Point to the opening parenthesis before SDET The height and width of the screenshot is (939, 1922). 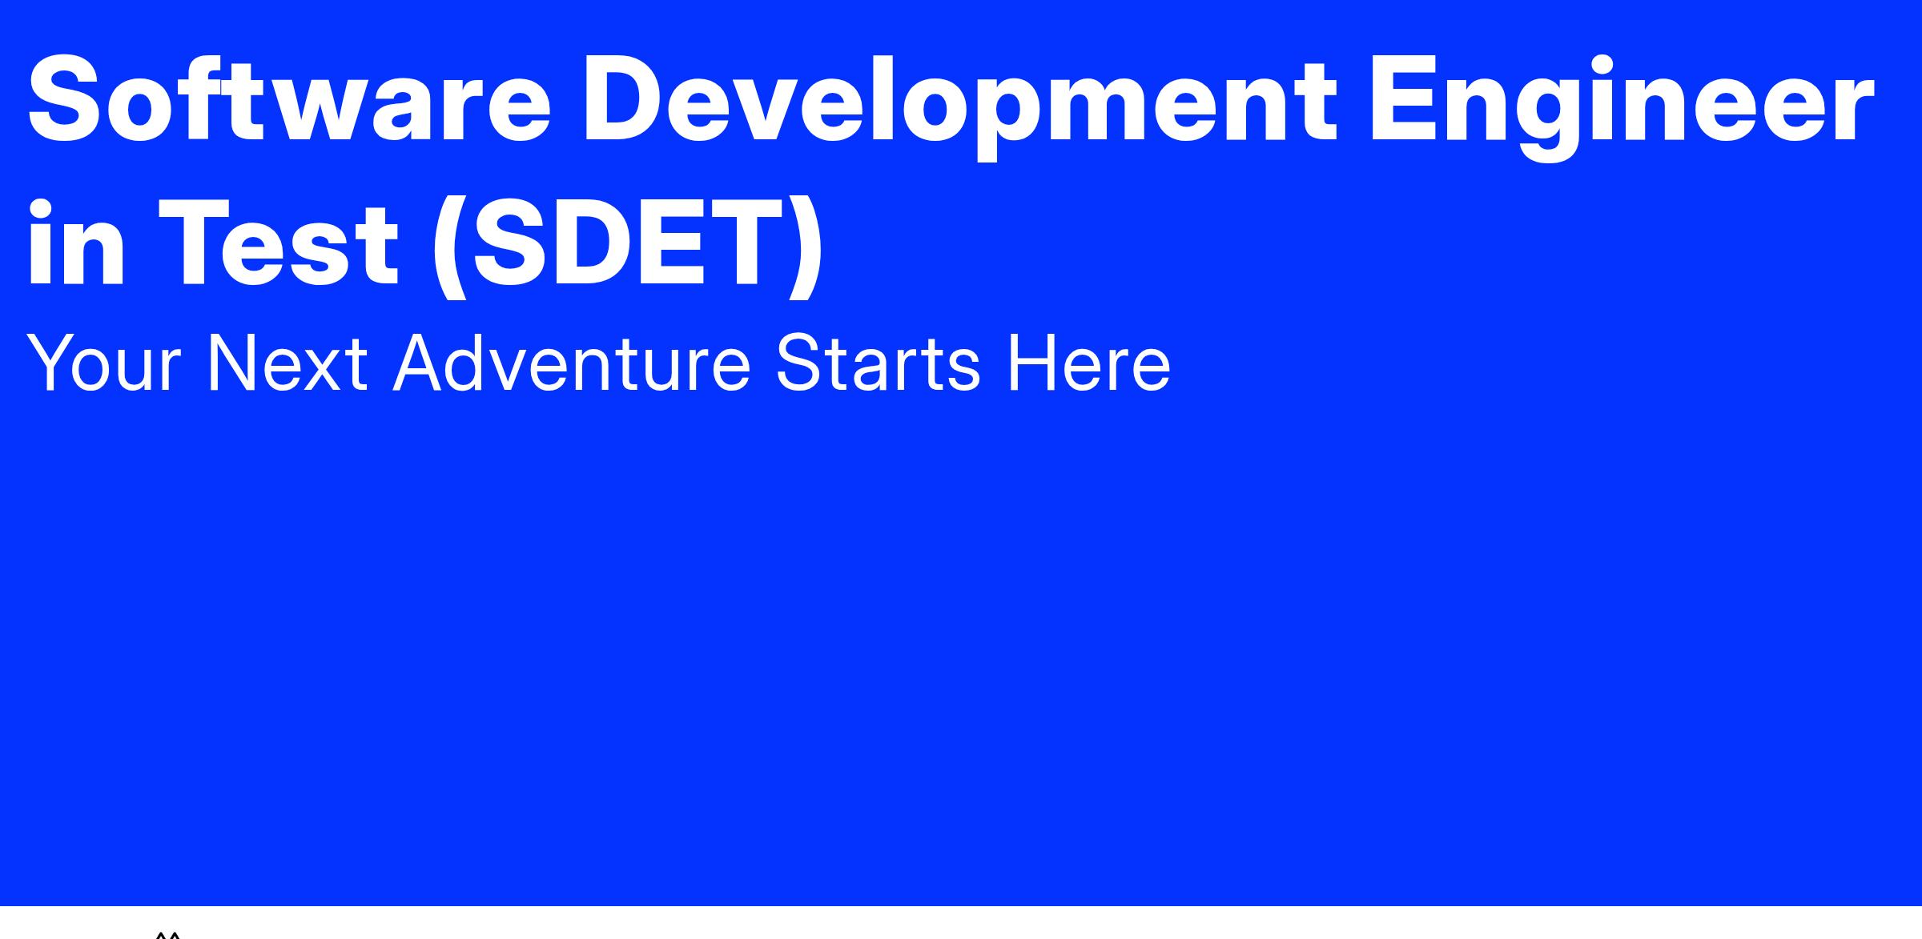pyautogui.click(x=450, y=247)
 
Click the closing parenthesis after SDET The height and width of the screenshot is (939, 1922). pyautogui.click(x=805, y=247)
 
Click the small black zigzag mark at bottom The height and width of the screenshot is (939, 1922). pyautogui.click(x=167, y=934)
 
